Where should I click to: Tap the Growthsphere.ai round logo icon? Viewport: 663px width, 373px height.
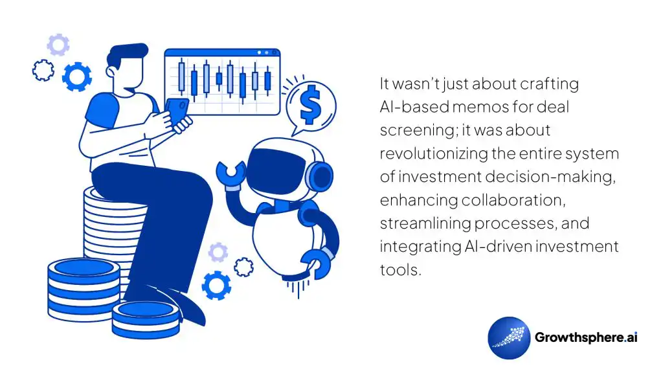click(509, 337)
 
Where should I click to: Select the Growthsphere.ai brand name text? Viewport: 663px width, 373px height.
click(586, 337)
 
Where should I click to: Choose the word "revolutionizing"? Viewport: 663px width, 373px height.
click(427, 153)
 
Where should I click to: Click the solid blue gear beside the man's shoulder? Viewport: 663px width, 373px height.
click(76, 77)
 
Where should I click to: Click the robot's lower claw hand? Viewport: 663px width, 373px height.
click(317, 262)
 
